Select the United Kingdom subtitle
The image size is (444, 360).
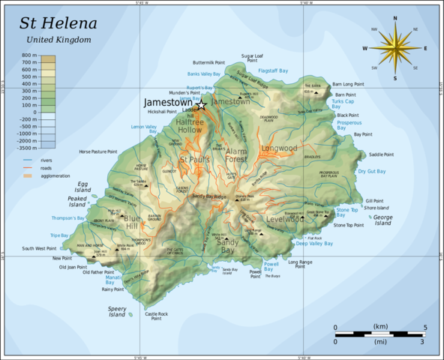(x=58, y=39)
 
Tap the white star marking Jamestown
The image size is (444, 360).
(x=201, y=105)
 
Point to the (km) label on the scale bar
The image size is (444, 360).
(x=380, y=327)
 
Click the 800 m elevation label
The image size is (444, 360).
(x=29, y=55)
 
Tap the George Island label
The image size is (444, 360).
(x=382, y=220)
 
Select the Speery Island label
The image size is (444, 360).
(x=116, y=312)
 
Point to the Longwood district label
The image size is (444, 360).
(x=279, y=148)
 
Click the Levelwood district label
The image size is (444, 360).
(x=285, y=219)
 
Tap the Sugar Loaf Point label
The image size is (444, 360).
(x=252, y=58)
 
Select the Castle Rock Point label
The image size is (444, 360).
(x=157, y=316)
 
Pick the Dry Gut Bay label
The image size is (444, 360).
(x=371, y=172)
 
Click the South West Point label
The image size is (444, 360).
(x=39, y=248)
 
